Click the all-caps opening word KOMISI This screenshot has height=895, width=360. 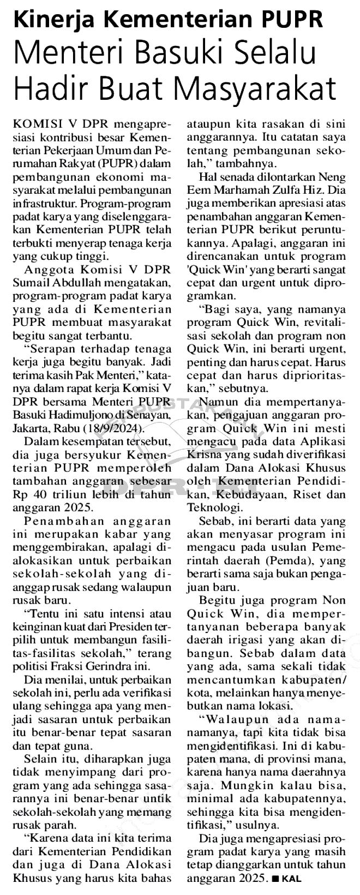pyautogui.click(x=35, y=120)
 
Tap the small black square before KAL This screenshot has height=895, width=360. pyautogui.click(x=275, y=879)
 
